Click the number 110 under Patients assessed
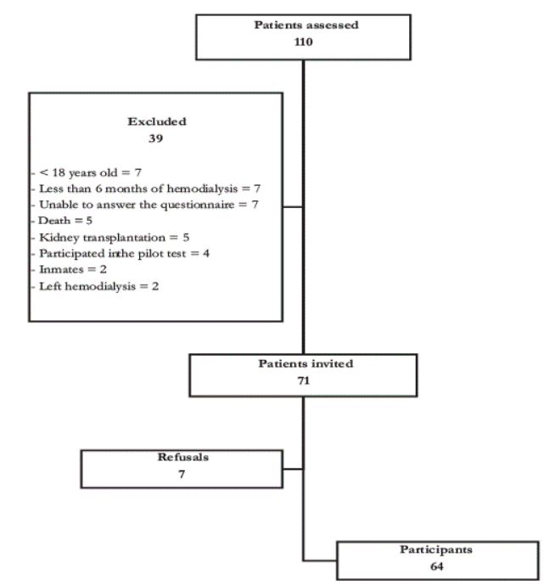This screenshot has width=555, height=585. click(303, 42)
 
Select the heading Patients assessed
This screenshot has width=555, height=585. click(306, 25)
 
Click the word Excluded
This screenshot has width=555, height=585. click(157, 121)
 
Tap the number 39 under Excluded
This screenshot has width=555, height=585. click(155, 138)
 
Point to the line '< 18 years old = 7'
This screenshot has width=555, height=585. click(90, 172)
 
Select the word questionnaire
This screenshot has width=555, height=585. click(198, 205)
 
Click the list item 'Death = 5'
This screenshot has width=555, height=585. click(65, 221)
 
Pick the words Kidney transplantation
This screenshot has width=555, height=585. click(102, 238)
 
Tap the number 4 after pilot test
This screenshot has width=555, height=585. click(206, 254)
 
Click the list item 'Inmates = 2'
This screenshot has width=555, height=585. click(73, 269)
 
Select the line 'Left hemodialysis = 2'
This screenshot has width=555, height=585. click(98, 286)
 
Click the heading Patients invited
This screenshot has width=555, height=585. click(306, 363)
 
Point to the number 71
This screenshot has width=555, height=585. click(303, 380)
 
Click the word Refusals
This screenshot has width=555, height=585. click(182, 457)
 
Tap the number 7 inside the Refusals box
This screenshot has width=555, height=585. click(182, 474)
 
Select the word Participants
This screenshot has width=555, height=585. click(436, 549)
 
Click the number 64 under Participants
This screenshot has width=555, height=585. click(437, 566)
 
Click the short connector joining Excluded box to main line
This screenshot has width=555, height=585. click(293, 206)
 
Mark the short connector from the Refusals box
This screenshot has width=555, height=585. click(293, 469)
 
